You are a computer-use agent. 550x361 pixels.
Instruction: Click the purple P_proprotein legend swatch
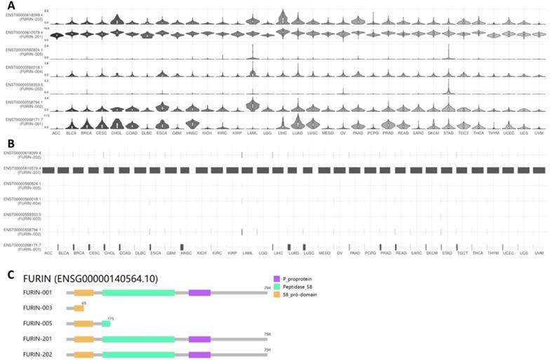[277, 279]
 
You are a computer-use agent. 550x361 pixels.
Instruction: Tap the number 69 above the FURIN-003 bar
[83, 302]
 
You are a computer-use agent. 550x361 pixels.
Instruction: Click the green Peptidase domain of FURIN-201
[137, 339]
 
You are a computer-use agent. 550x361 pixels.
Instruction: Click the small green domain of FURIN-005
[106, 324]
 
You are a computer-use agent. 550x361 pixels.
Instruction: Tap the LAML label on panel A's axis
[248, 133]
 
